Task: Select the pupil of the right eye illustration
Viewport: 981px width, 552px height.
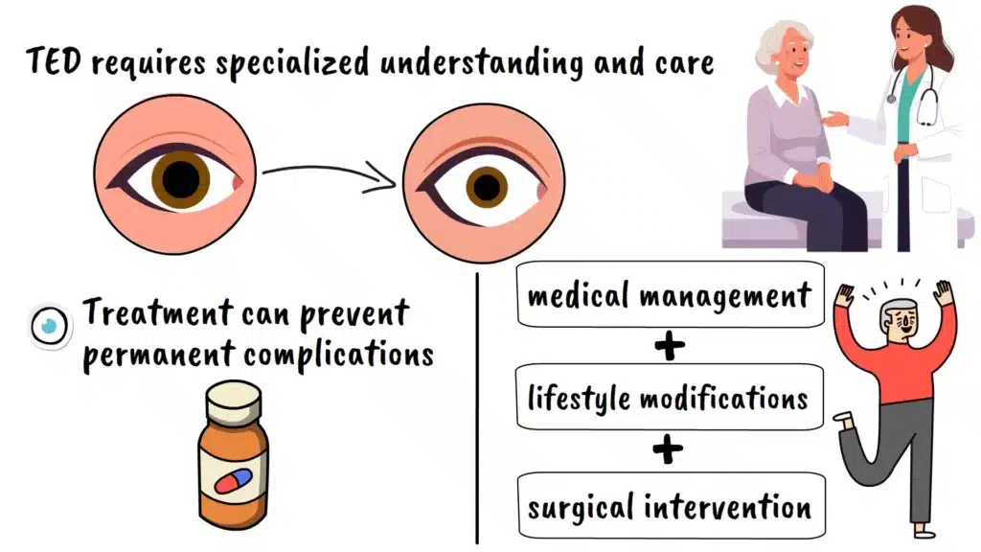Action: tap(488, 183)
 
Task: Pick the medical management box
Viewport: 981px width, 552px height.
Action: tap(669, 294)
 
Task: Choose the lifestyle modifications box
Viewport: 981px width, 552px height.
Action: tap(669, 397)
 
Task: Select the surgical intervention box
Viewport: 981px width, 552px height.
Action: tap(669, 505)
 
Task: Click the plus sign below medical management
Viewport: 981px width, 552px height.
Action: tap(669, 346)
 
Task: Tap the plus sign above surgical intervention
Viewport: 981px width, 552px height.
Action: tap(669, 449)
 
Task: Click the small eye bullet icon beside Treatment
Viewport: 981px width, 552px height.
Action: tap(45, 325)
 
